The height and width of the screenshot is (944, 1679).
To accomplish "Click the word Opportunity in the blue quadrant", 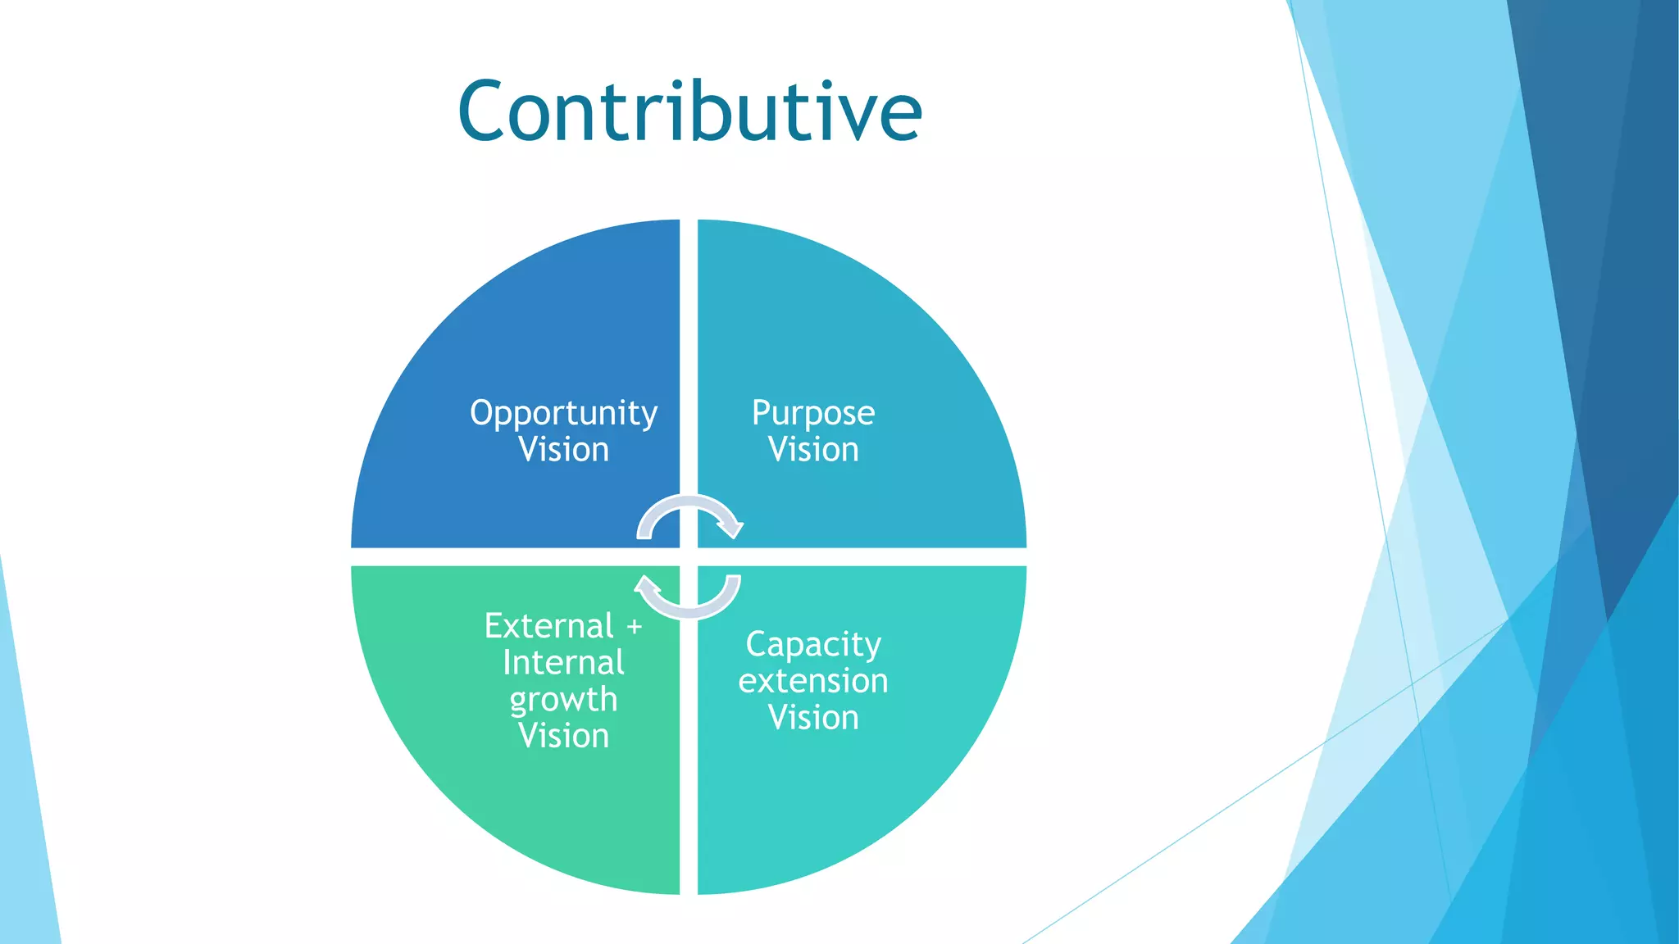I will [563, 413].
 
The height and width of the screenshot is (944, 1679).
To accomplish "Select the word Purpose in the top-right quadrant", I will [813, 413].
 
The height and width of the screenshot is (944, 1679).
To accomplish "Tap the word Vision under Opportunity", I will [563, 450].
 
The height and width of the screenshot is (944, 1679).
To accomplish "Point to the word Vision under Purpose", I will [813, 450].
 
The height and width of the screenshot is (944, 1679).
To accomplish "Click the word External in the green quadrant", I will [548, 626].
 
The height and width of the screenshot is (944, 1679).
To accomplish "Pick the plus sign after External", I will [634, 627].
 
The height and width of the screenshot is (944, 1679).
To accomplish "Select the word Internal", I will [563, 663].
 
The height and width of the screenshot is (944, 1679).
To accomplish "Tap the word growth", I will [563, 700].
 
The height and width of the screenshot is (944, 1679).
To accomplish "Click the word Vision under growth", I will [563, 736].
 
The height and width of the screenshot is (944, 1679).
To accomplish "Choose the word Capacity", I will [813, 645].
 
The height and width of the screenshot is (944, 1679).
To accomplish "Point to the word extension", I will [813, 681].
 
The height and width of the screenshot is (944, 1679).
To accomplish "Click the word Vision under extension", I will [813, 718].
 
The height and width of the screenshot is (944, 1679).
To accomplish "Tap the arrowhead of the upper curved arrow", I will [730, 527].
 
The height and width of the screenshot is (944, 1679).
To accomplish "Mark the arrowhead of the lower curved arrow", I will [647, 586].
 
